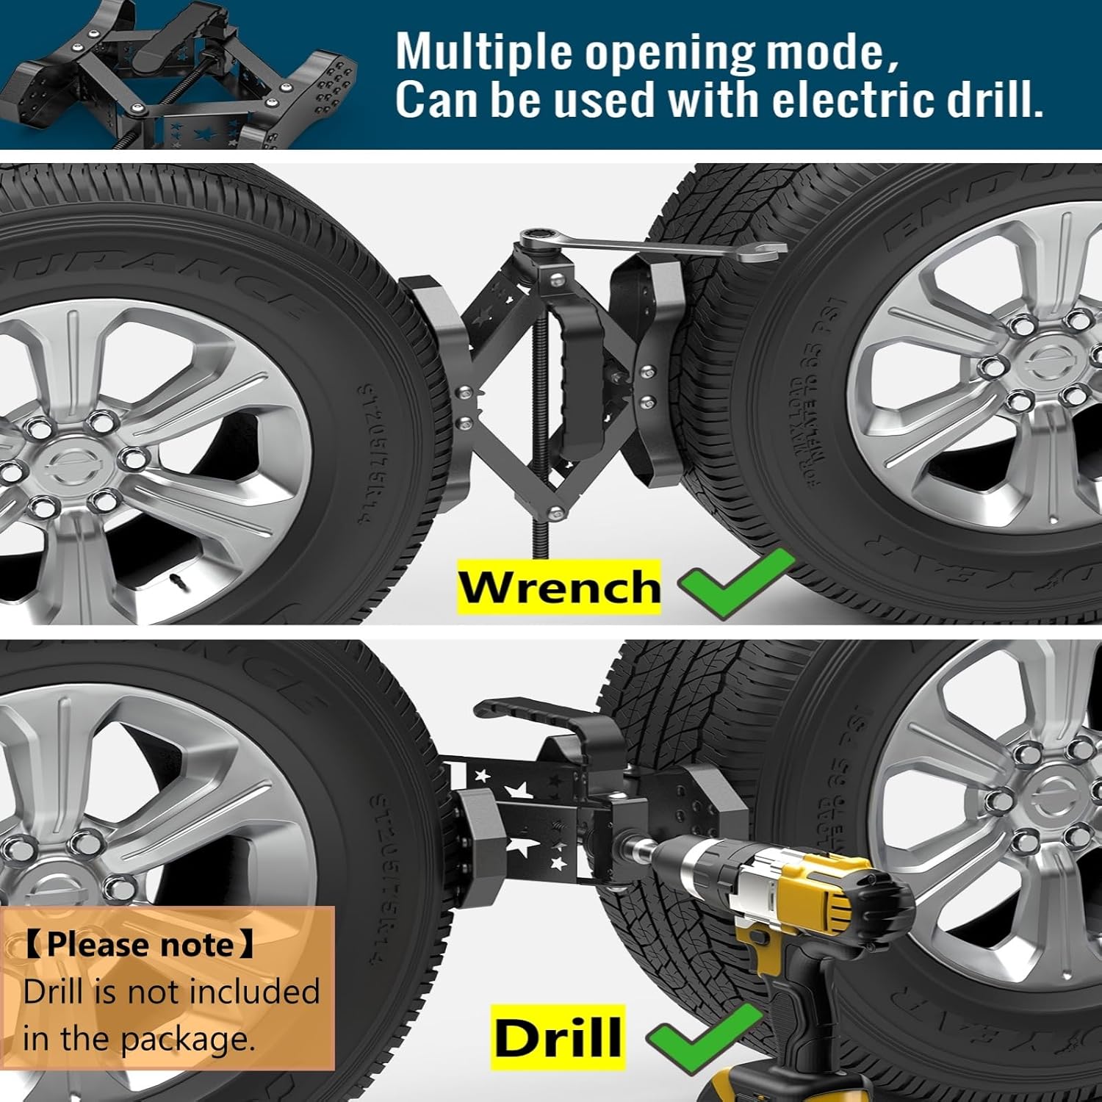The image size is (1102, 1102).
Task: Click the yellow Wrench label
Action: point(558,587)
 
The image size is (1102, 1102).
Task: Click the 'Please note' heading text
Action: point(140,945)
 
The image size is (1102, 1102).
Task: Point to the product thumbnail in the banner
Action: point(184,73)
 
